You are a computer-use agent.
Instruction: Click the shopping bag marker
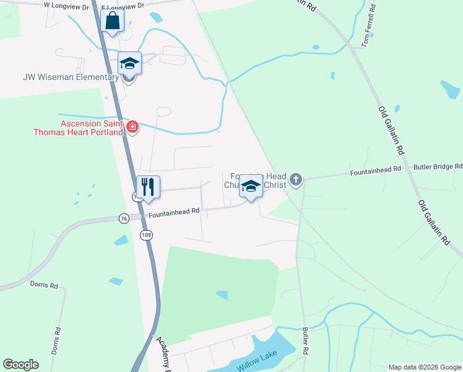point(112,21)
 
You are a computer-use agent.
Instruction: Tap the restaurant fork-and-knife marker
point(148,187)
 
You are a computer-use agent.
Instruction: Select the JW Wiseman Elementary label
point(71,77)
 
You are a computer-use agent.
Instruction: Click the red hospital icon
point(132,128)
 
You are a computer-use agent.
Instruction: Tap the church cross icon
point(296,180)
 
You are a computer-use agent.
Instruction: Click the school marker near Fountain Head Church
point(251,187)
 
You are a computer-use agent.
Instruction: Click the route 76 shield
point(124,218)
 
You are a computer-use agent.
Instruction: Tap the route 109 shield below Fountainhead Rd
point(146,235)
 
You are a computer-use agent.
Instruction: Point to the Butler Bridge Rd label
point(438,167)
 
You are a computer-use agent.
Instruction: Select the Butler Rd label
point(305,341)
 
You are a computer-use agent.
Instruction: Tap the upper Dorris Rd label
point(43,285)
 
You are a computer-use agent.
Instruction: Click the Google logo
point(20,365)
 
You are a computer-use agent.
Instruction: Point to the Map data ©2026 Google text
point(424,367)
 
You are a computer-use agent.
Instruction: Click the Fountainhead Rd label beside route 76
point(174,211)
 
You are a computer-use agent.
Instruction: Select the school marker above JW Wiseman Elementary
point(130,64)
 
